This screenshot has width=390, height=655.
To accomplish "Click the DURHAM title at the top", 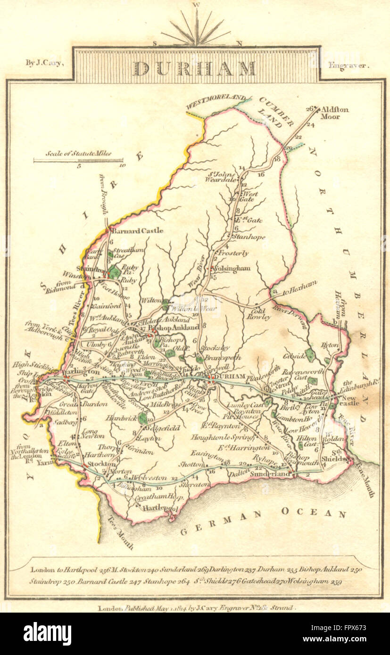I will coord(195,68).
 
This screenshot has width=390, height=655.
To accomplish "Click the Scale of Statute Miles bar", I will coord(78,161).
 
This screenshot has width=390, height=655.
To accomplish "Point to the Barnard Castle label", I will coord(137,230).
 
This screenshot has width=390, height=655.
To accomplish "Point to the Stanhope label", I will coord(249,237).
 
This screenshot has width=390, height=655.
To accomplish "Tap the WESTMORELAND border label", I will coord(214,103).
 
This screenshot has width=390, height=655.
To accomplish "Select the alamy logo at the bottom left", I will coord(47,634).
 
